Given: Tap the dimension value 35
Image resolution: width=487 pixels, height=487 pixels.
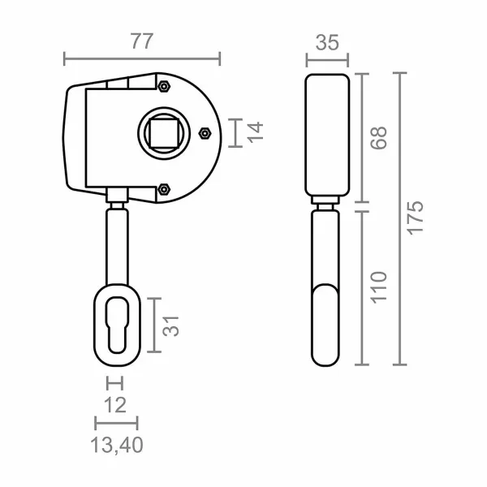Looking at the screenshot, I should [x=327, y=42].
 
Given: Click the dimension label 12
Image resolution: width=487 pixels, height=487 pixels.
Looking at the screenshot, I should [x=115, y=403].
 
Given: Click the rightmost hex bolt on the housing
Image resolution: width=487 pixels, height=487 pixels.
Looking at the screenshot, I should [x=204, y=131].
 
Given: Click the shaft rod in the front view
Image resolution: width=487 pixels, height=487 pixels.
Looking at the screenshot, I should [x=115, y=243].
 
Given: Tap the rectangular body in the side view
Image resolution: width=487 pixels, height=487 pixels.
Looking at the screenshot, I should [x=327, y=136].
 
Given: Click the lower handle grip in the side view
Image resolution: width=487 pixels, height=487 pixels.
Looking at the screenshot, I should [x=327, y=325].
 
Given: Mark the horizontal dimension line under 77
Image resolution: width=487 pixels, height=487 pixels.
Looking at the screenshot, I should [x=142, y=58].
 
